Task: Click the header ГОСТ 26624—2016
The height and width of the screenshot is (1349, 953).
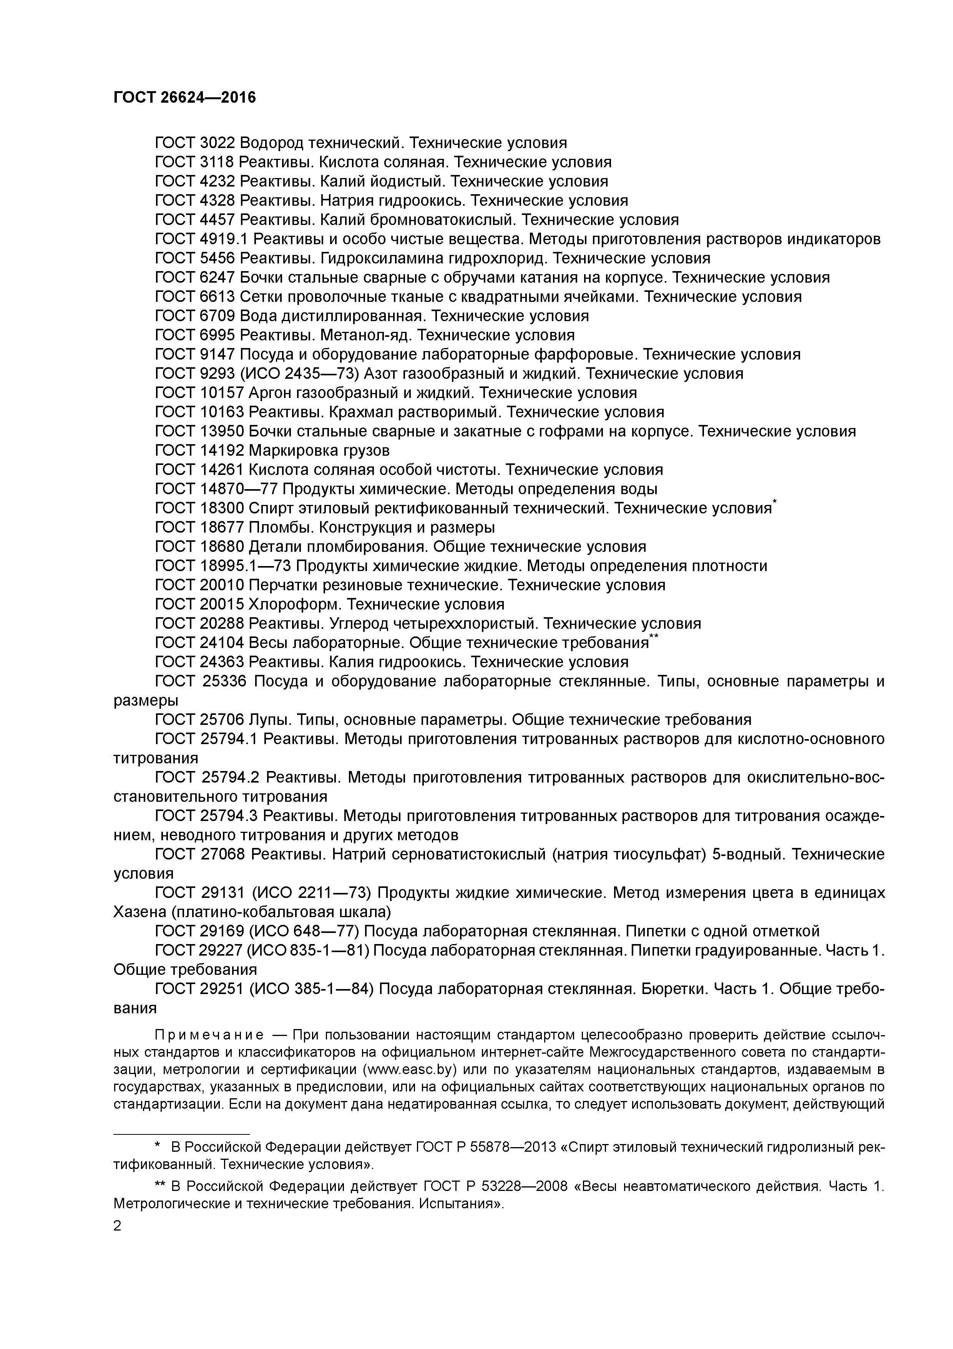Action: coord(184,98)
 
